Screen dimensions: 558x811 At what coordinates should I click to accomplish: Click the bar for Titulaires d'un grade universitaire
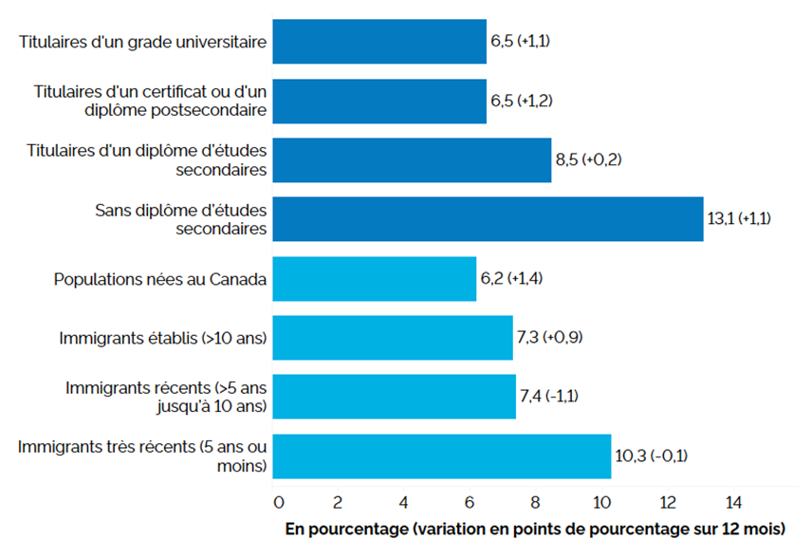[379, 43]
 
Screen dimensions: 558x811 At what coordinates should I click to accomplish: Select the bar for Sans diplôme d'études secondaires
[488, 219]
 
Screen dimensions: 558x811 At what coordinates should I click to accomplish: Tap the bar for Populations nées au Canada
[375, 279]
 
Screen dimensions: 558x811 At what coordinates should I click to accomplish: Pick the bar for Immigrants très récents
[441, 456]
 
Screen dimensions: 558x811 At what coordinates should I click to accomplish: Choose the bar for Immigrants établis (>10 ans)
[393, 338]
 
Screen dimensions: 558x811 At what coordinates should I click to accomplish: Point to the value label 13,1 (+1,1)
[739, 218]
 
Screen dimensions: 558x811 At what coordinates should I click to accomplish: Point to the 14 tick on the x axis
[733, 500]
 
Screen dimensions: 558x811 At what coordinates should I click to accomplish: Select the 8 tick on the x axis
[534, 500]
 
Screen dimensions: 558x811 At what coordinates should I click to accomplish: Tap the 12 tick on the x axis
[668, 500]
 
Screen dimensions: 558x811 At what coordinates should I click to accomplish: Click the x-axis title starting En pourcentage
[537, 527]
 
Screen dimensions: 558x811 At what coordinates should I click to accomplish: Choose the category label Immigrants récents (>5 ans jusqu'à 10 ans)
[166, 397]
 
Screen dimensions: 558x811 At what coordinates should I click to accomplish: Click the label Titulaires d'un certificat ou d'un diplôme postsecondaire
[149, 102]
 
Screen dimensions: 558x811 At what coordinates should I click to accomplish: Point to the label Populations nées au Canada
[160, 279]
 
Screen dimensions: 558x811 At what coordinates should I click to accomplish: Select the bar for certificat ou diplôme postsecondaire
[379, 102]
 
